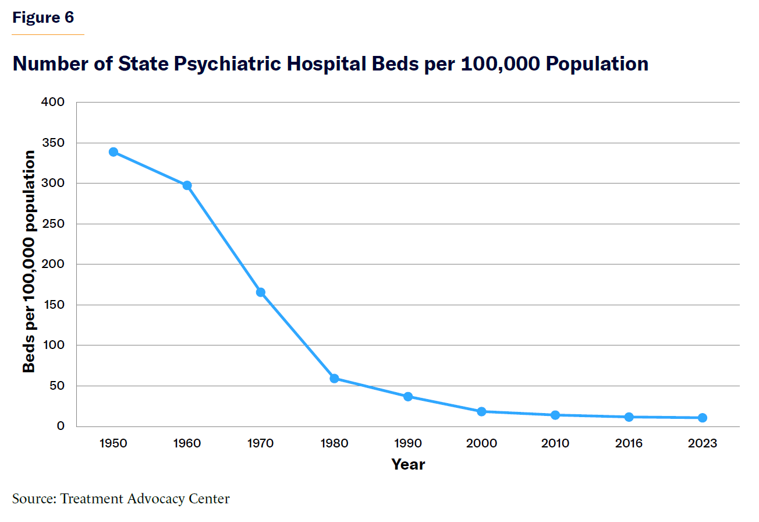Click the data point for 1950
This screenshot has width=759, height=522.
(x=114, y=152)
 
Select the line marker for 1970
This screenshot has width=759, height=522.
(x=261, y=292)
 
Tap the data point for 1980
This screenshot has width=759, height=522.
(x=334, y=379)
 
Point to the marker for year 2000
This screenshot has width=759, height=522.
(x=481, y=411)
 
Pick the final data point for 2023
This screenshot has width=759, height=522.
(x=703, y=418)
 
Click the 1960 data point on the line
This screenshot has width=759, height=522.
(x=187, y=185)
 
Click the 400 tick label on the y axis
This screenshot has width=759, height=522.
(x=53, y=103)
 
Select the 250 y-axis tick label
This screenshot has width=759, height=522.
(x=53, y=224)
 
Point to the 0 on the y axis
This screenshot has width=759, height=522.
(x=61, y=426)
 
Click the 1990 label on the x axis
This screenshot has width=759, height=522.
(x=408, y=444)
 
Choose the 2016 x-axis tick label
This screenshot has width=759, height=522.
(x=629, y=444)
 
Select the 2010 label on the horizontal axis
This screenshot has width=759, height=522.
(x=555, y=444)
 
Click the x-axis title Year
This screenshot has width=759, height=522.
(x=408, y=464)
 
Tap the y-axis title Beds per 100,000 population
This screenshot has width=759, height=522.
(x=29, y=262)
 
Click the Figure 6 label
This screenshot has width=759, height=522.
(x=44, y=17)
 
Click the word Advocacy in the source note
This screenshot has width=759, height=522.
(x=157, y=499)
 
